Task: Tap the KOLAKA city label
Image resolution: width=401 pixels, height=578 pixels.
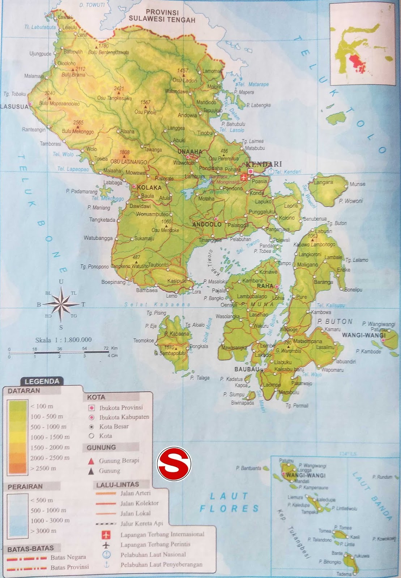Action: [x=149, y=187]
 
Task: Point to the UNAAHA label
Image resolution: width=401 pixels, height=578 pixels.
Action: [x=187, y=152]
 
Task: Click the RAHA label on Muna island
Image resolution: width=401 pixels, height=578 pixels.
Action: [x=264, y=286]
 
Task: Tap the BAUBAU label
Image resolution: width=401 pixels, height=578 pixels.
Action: [x=247, y=369]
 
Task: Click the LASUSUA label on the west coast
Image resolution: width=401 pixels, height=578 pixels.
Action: [x=14, y=107]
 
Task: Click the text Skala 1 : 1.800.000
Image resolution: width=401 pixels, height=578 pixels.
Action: [x=63, y=340]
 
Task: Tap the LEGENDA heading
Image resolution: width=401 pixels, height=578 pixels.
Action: [x=42, y=381]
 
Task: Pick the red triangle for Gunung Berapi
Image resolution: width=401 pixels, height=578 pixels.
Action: [x=91, y=461]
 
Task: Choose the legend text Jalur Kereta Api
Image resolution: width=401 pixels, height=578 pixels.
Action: [x=142, y=523]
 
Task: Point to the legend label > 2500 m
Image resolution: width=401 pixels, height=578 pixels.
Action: [x=43, y=468]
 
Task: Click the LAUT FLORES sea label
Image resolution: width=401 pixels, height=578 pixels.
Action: [x=229, y=502]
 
